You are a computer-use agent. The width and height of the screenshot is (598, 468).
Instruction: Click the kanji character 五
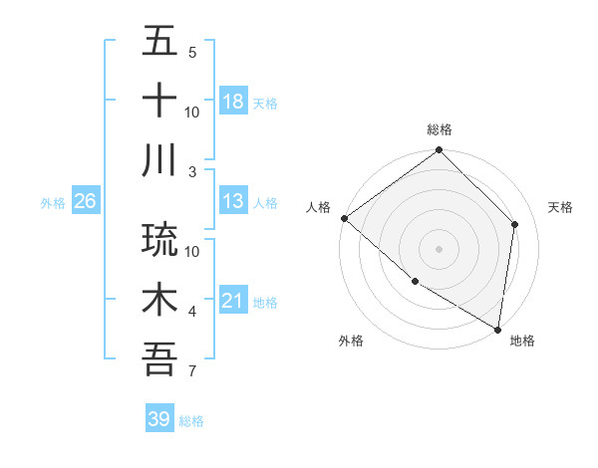click(160, 42)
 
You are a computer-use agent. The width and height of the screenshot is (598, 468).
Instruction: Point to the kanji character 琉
click(160, 239)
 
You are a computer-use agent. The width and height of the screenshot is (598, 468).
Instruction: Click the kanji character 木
click(160, 300)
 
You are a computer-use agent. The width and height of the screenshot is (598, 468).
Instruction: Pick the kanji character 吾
click(160, 358)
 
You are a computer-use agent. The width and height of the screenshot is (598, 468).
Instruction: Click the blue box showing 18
click(233, 102)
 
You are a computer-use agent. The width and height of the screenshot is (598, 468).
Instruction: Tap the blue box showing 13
click(233, 202)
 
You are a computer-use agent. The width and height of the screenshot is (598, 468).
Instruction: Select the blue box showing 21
click(233, 302)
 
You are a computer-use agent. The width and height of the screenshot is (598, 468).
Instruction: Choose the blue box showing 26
click(85, 202)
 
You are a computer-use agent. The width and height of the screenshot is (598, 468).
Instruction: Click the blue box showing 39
click(159, 419)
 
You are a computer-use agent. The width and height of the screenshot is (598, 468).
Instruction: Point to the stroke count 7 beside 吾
click(192, 372)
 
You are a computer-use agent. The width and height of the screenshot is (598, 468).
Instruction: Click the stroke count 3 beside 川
click(192, 171)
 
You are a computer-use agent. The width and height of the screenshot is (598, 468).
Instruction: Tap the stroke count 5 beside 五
click(192, 53)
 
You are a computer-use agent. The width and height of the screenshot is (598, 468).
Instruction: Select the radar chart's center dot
click(439, 249)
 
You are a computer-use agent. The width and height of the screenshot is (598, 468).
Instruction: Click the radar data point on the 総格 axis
click(439, 151)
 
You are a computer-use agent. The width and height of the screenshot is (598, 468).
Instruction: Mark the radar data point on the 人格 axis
click(344, 218)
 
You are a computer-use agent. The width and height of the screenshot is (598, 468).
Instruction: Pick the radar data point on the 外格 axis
click(415, 282)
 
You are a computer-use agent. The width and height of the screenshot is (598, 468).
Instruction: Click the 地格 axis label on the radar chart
click(522, 342)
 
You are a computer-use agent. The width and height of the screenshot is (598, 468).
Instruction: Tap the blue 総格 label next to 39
click(191, 421)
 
